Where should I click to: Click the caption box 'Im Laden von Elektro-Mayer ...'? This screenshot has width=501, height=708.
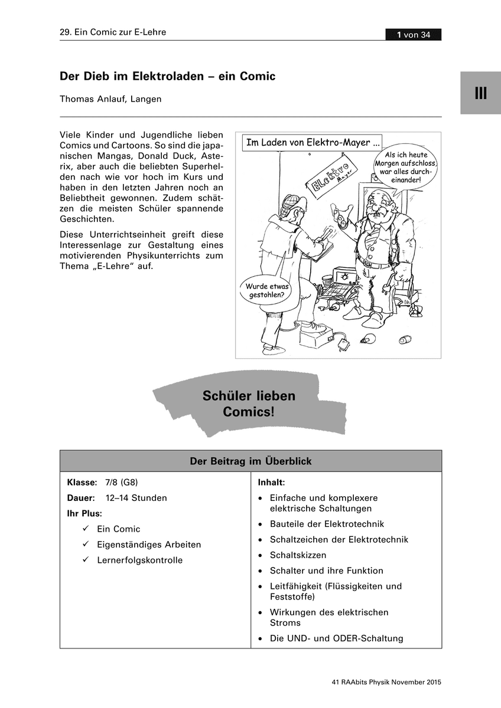[x=313, y=142]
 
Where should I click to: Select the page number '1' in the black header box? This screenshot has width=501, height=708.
[x=400, y=35]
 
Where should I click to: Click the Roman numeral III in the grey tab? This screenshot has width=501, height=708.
[x=480, y=93]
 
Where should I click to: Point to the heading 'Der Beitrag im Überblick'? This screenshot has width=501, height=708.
[x=250, y=461]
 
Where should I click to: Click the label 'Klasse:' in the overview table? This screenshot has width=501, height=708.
[x=82, y=482]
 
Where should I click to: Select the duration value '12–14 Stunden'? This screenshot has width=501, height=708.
[x=136, y=497]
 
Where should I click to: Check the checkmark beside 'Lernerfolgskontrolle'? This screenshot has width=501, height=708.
[x=86, y=560]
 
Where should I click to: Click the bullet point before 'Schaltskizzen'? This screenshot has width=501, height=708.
[x=261, y=555]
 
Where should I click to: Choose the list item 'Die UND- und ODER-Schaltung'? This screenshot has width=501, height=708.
[x=336, y=638]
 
